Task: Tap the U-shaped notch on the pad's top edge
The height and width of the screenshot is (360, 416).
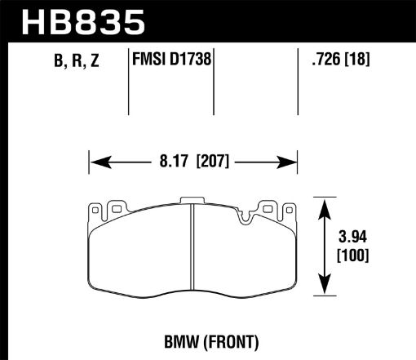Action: click(x=246, y=216)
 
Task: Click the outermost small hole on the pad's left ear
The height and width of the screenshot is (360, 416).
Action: click(x=96, y=211)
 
